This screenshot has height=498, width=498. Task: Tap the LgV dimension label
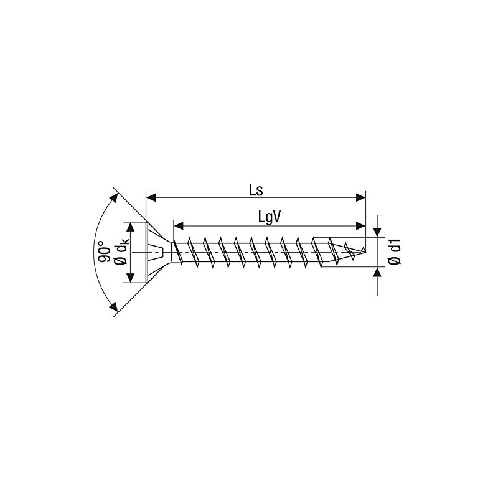(271, 217)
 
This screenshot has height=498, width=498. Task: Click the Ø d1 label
(394, 252)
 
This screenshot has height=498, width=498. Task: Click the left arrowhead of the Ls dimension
(150, 198)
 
